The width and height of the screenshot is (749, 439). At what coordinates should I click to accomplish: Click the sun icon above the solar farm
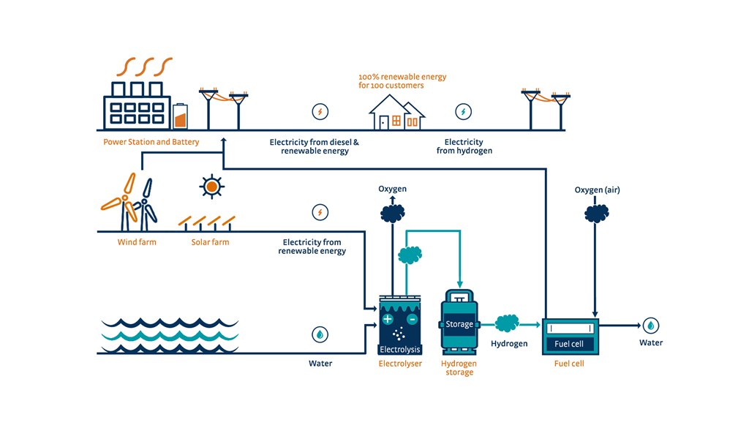[211, 187]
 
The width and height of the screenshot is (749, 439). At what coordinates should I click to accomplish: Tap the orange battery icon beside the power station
[180, 117]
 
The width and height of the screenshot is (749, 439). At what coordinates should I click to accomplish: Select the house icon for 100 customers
[396, 113]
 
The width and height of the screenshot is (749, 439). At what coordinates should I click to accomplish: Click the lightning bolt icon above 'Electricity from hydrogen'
[463, 112]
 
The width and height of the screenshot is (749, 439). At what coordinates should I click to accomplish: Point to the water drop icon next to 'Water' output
[650, 326]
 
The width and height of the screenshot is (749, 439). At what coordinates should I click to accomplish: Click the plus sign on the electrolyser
[388, 320]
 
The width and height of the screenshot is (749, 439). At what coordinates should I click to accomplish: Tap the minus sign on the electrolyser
[412, 320]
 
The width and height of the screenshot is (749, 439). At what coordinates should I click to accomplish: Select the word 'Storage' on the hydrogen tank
[459, 324]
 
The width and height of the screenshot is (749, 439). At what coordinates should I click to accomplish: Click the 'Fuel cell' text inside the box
[570, 344]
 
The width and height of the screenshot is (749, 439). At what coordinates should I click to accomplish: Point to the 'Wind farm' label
[137, 242]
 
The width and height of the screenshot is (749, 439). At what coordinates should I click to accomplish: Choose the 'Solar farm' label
[210, 242]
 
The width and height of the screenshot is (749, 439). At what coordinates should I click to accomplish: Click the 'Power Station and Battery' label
[151, 142]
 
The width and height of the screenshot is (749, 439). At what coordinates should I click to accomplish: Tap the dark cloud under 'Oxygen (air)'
[596, 213]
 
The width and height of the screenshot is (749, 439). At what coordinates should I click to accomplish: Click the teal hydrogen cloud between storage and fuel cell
[507, 323]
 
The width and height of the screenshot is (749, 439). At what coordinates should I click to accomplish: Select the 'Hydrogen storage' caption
[459, 368]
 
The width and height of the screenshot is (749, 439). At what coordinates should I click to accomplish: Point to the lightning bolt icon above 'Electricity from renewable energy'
[320, 212]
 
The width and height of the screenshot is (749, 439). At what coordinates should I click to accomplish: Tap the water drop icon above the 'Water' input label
[320, 334]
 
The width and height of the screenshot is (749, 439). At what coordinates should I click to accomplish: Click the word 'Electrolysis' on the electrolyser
[399, 350]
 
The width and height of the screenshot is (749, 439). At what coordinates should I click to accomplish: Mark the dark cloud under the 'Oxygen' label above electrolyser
[392, 213]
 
